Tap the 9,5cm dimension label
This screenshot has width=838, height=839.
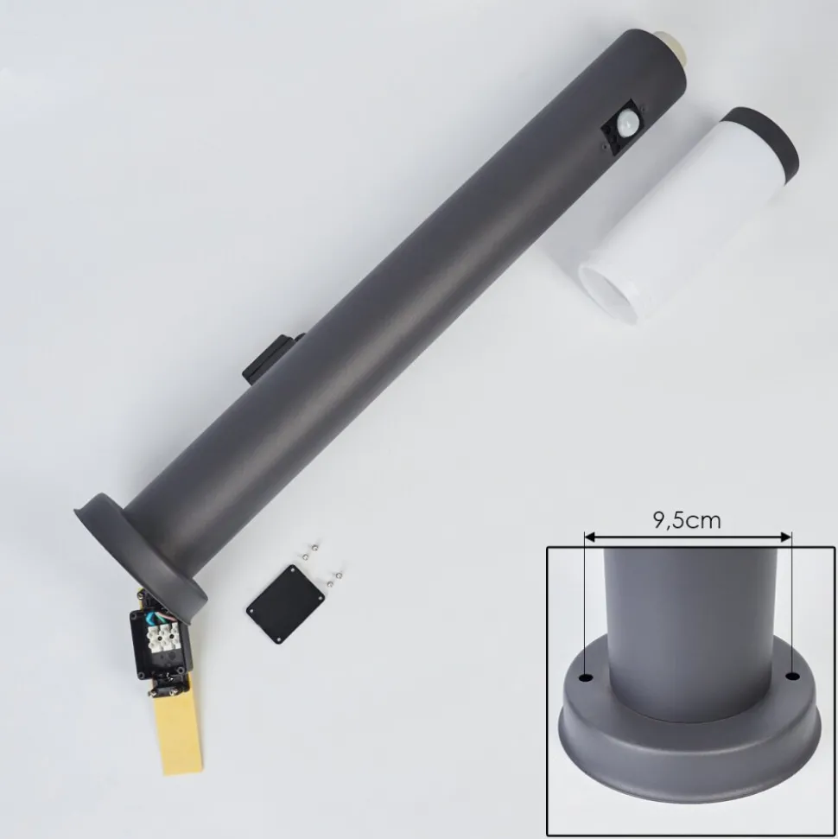[x=687, y=519]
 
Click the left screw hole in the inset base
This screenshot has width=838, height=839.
[x=587, y=678]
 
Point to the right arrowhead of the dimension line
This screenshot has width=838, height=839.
[x=785, y=537]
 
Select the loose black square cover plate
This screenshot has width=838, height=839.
[x=286, y=604]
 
